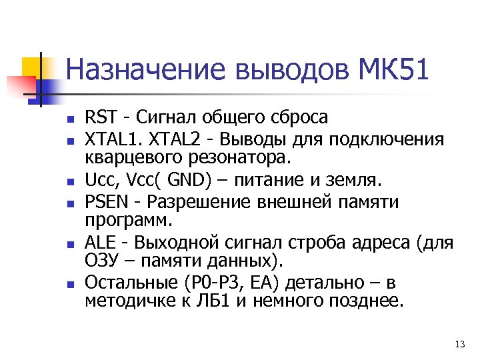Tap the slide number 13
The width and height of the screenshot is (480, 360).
coord(459,344)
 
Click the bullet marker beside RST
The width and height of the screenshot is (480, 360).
coord(69,120)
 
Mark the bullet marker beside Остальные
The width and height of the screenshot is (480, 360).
coord(69,285)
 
